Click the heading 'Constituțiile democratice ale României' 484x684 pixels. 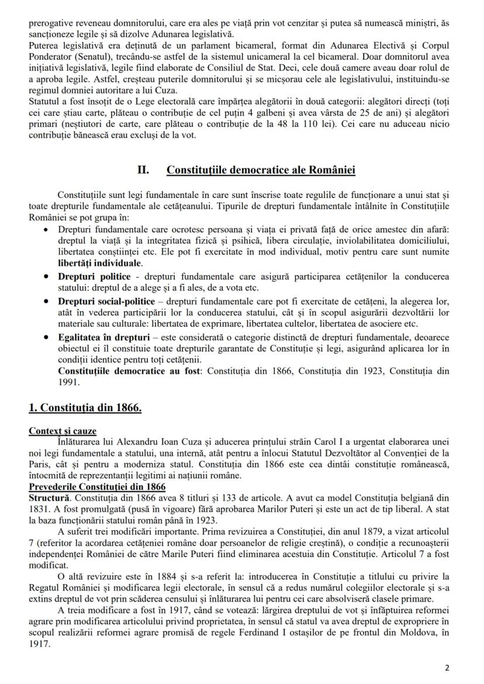click(x=261, y=170)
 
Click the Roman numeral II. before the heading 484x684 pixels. click(x=143, y=170)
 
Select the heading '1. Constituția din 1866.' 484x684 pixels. click(x=85, y=407)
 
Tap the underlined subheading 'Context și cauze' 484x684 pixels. click(x=63, y=432)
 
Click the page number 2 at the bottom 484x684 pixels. click(x=447, y=668)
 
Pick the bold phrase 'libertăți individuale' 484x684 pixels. click(x=99, y=262)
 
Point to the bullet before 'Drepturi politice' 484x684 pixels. click(x=46, y=275)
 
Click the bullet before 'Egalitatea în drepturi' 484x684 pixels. click(x=46, y=338)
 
